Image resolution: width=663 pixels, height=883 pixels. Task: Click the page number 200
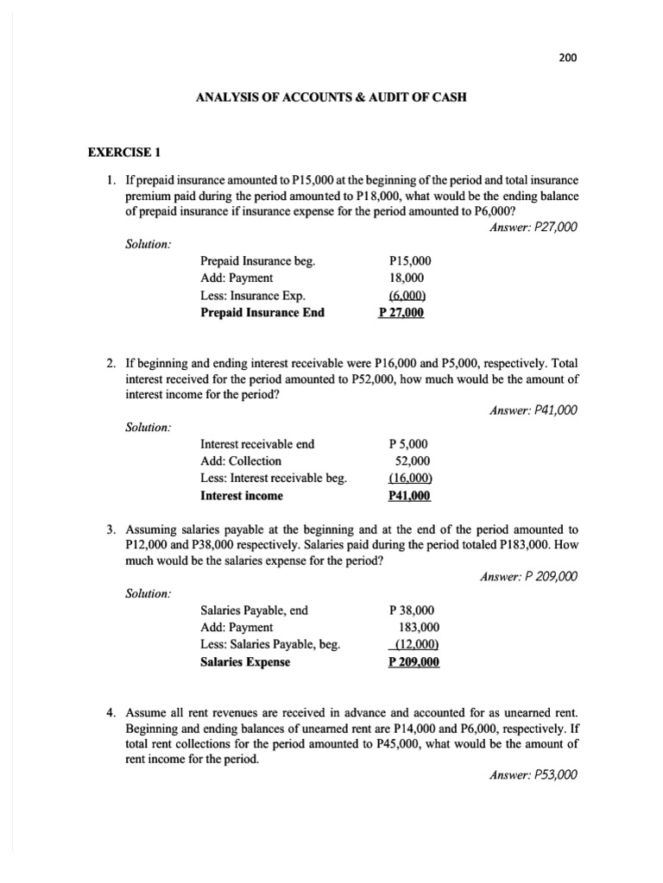(565, 58)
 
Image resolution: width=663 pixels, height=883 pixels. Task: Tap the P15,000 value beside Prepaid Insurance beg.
(410, 260)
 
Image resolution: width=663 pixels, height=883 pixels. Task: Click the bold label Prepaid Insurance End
(262, 312)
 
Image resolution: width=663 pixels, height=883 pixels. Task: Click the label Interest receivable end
(257, 444)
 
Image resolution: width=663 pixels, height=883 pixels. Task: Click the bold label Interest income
(241, 496)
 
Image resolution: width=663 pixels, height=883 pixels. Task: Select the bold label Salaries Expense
(245, 662)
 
